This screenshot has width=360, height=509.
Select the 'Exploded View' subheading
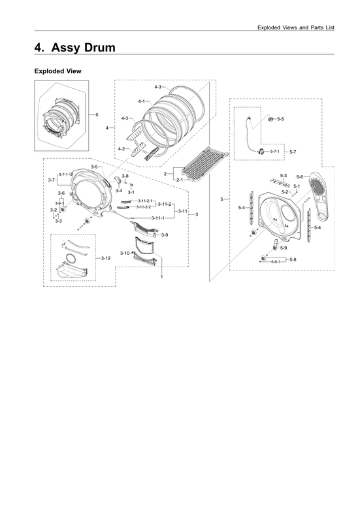[57, 71]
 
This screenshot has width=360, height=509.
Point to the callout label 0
[96, 115]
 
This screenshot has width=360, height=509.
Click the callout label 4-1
[142, 101]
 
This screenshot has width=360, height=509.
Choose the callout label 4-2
[122, 149]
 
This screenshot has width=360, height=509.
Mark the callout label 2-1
[178, 179]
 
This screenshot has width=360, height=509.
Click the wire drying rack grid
[206, 163]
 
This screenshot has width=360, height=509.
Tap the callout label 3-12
[106, 258]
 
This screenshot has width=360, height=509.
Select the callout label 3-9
[165, 235]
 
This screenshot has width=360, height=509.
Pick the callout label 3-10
[125, 253]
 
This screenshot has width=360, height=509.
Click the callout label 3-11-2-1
[144, 201]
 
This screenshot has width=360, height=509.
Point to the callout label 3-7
[51, 179]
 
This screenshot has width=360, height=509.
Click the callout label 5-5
[280, 119]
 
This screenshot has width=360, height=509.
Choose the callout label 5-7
[293, 152]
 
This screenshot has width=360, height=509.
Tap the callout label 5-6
[299, 176]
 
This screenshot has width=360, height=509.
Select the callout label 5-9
[284, 248]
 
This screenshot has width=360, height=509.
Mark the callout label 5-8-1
[274, 261]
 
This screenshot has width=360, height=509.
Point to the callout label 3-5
[94, 167]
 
